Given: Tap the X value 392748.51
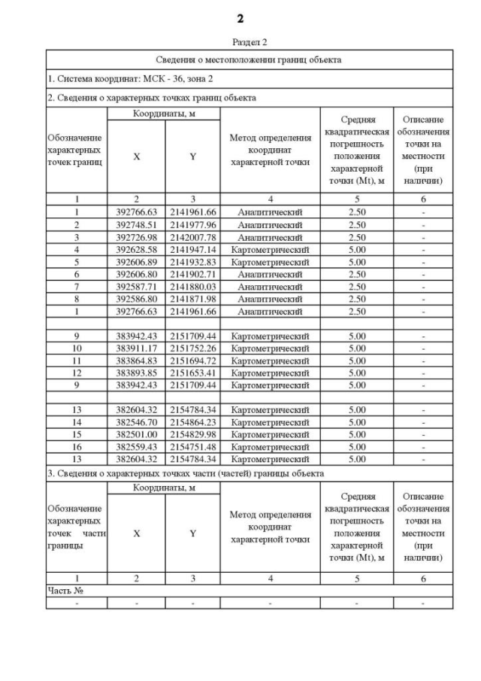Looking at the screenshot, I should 136,224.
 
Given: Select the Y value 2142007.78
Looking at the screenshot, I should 192,237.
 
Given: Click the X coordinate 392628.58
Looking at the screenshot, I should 136,249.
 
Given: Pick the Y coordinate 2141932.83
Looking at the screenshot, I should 192,261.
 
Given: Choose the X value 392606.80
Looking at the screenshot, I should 136,274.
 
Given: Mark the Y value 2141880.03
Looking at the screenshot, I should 192,286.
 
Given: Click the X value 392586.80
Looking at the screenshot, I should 136,299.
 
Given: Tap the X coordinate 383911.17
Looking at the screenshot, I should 136,348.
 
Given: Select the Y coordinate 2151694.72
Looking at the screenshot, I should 192,360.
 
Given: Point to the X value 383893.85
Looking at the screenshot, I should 136,372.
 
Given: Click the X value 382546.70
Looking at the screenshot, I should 136,422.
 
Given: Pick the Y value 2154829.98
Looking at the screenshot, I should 192,434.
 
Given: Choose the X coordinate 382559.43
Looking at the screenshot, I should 136,446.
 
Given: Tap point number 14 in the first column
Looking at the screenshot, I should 77,422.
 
